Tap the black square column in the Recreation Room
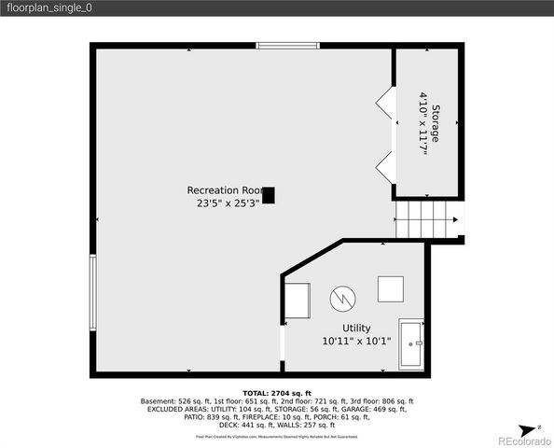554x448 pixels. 269,195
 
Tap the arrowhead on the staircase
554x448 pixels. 454,221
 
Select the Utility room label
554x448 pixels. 356,328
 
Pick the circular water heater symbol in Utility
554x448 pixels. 342,299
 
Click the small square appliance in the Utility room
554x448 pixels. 391,289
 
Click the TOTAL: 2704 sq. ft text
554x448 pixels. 277,393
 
